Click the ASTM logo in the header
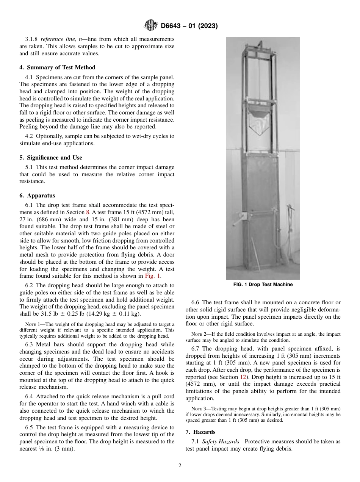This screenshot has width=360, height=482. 151,26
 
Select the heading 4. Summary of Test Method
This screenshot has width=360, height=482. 57,67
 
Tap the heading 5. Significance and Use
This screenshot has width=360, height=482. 50,158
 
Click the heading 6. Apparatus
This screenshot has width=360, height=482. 37,196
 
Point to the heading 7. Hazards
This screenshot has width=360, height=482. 200,432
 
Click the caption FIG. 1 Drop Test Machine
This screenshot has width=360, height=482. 263,285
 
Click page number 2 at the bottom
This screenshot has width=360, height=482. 180,466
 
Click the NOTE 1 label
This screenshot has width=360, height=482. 33,324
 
